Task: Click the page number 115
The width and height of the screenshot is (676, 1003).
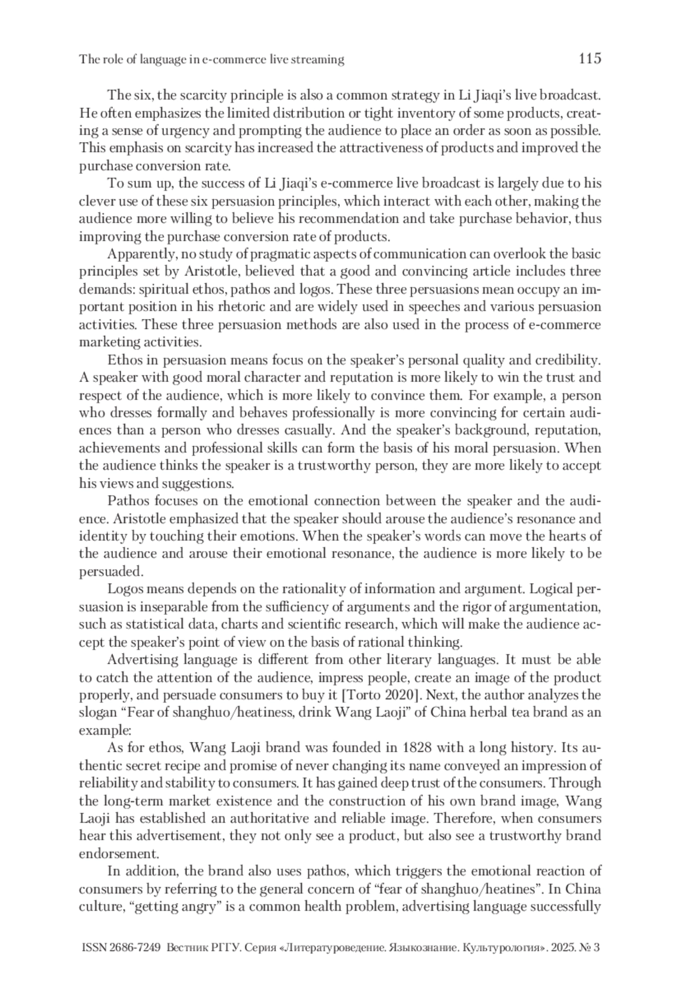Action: tap(590, 58)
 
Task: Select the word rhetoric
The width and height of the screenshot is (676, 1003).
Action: tap(232, 307)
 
